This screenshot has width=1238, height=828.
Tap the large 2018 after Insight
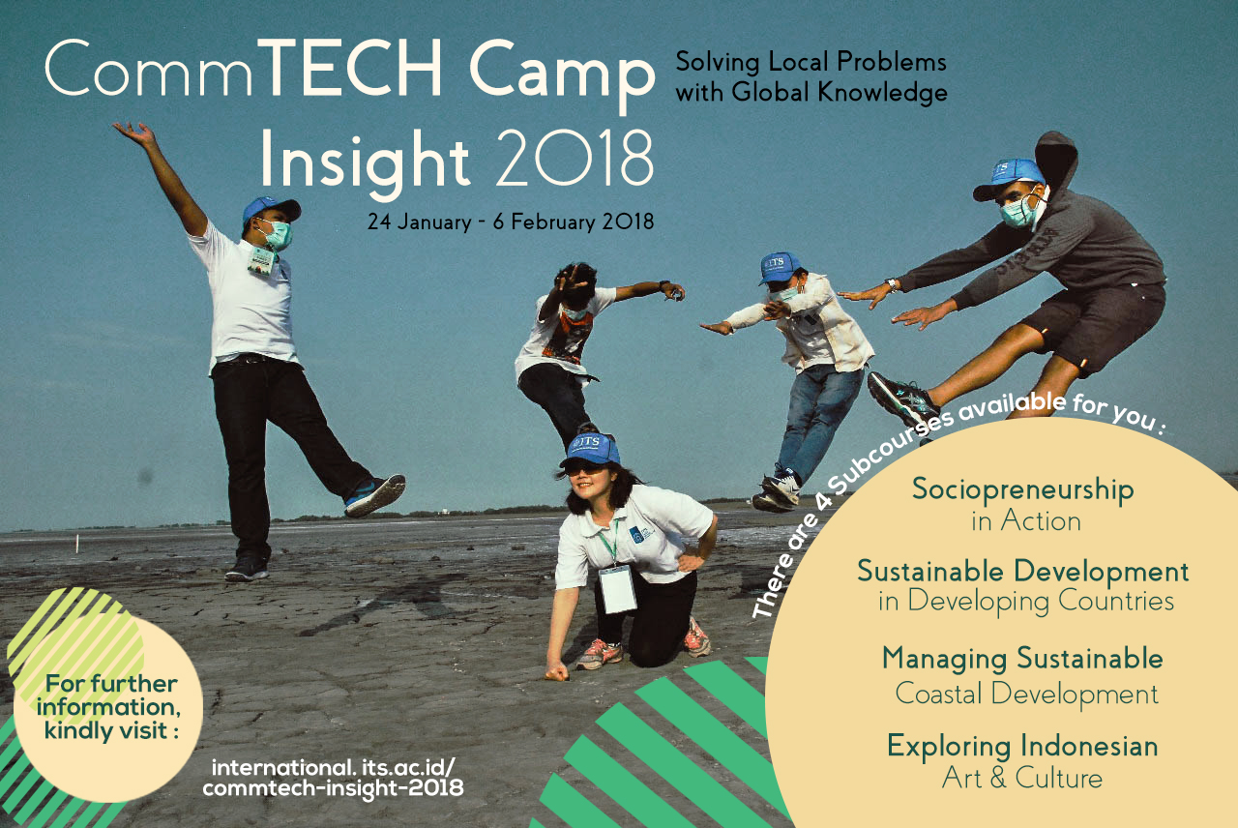[575, 160]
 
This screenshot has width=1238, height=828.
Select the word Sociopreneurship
[1023, 490]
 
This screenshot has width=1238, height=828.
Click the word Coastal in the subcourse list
[938, 694]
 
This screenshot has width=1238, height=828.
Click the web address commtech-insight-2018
[334, 788]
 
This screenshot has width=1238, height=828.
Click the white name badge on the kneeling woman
[617, 589]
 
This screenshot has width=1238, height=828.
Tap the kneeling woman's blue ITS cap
[589, 450]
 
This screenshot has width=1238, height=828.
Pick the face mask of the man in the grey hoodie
[1018, 212]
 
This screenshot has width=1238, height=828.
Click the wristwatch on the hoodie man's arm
[891, 285]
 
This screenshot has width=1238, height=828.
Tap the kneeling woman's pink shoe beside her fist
[600, 654]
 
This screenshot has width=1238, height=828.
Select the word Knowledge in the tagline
[883, 92]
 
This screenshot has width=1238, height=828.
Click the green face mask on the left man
[278, 234]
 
